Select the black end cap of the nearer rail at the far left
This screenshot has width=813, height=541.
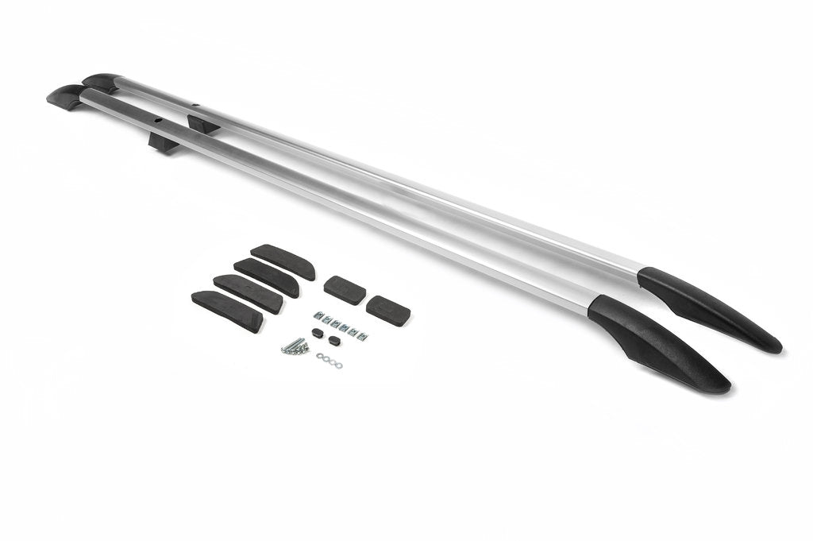pos(66,99)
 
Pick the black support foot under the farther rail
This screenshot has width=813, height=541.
pos(203,124)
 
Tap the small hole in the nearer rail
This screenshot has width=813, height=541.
pos(159,122)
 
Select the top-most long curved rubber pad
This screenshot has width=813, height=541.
pos(283,261)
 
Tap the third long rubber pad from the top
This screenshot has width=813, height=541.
pos(248,293)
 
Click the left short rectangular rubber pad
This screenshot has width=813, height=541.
pos(345,289)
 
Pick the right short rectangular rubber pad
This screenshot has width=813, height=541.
pos(387,309)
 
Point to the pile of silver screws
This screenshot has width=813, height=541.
pos(294,346)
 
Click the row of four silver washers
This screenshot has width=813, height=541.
pos(329,361)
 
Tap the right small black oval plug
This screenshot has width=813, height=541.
pos(333,342)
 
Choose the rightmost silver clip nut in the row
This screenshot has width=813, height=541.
pos(362,336)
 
